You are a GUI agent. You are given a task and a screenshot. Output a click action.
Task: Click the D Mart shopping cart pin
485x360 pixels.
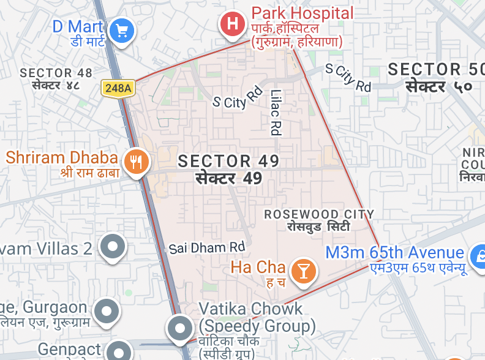coord(122,30)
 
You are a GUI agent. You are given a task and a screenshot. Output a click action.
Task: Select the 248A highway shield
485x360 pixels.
coord(118,88)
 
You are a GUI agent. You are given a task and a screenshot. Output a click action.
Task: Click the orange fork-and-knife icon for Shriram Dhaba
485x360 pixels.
coord(137,162)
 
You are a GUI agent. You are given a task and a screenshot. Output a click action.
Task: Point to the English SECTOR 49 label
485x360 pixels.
coord(228,161)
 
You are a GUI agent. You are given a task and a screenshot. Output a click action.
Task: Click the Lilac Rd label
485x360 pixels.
coord(275,112)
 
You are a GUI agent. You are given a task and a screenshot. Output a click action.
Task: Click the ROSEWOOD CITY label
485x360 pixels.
coord(319,214)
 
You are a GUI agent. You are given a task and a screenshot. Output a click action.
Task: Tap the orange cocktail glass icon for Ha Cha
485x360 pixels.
coord(303,270)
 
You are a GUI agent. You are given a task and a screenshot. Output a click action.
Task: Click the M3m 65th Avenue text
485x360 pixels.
coord(395,253)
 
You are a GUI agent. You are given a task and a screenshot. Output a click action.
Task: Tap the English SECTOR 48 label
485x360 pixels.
coord(56,73)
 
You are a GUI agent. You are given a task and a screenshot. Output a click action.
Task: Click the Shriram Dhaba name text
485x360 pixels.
coord(62,157)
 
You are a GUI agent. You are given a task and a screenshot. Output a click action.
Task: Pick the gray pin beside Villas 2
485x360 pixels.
coord(113,247)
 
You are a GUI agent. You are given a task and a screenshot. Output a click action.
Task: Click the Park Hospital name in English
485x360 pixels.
coord(303,13)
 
